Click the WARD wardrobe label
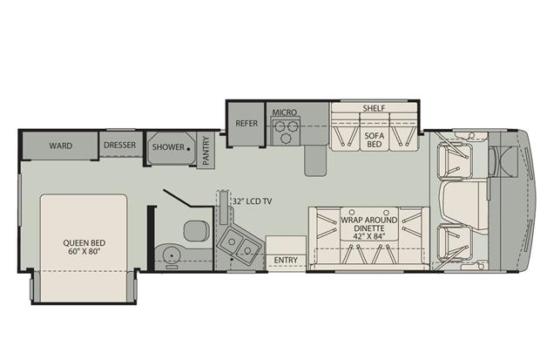pyautogui.click(x=61, y=146)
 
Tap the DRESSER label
pyautogui.click(x=120, y=145)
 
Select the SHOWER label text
pyautogui.click(x=168, y=147)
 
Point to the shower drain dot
pyautogui.click(x=188, y=149)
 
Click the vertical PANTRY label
pyautogui.click(x=206, y=151)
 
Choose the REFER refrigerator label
pyautogui.click(x=246, y=123)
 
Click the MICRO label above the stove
pyautogui.click(x=285, y=112)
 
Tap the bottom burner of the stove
pyautogui.click(x=286, y=139)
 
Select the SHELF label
pyautogui.click(x=374, y=108)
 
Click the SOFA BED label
pyautogui.click(x=375, y=139)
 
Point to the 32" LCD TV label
pyautogui.click(x=252, y=201)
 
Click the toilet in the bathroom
pyautogui.click(x=196, y=231)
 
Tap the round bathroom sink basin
pyautogui.click(x=171, y=255)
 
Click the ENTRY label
pyautogui.click(x=286, y=260)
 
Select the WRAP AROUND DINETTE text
pyautogui.click(x=368, y=224)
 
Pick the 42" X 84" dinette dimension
pyautogui.click(x=368, y=236)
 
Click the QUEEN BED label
pyautogui.click(x=84, y=242)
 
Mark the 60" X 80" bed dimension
pyautogui.click(x=84, y=251)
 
